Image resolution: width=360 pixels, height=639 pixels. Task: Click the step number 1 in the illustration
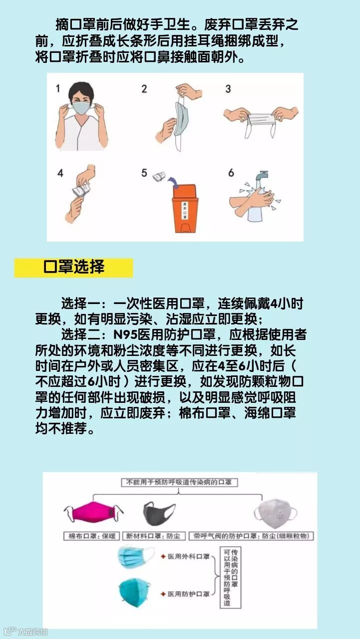click(x=58, y=88)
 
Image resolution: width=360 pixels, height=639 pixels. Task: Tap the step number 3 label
click(x=228, y=89)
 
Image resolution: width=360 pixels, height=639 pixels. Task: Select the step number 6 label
click(x=231, y=173)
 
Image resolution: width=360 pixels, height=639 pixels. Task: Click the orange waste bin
click(x=184, y=208)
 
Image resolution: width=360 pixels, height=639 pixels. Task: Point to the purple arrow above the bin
click(x=173, y=182)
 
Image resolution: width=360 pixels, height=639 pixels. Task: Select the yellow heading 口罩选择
click(x=73, y=267)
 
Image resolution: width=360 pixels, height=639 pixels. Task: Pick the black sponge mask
click(x=159, y=514)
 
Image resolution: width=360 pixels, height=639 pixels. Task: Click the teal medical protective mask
click(x=135, y=593)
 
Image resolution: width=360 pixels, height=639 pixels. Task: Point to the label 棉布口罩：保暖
click(x=91, y=536)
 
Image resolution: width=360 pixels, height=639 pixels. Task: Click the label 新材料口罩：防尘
click(x=154, y=536)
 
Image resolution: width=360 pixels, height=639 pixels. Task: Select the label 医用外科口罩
click(x=189, y=556)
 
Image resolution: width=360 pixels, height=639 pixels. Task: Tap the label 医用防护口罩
click(x=189, y=594)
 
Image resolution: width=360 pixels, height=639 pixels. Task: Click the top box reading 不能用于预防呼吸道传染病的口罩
click(x=179, y=482)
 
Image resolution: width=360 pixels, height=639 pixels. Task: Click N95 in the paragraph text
click(x=125, y=334)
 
